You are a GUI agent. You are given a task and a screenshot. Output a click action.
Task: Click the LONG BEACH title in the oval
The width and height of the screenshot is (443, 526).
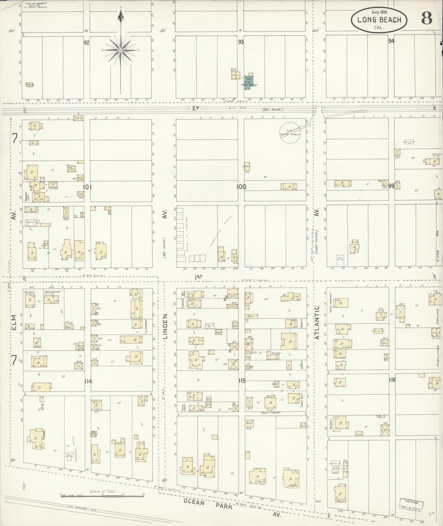click(x=379, y=20)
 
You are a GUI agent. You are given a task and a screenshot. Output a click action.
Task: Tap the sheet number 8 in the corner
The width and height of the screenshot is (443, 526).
click(x=426, y=19)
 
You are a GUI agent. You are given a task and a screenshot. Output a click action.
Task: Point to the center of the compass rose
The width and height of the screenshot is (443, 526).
click(x=120, y=50)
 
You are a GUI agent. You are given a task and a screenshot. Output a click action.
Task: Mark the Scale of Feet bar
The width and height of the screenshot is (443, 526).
click(x=102, y=495)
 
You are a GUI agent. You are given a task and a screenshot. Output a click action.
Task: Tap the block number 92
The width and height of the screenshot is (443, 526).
click(x=86, y=43)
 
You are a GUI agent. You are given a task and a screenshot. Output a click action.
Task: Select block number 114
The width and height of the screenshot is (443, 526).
click(x=88, y=381)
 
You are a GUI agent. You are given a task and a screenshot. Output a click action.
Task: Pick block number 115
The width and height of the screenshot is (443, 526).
click(x=242, y=381)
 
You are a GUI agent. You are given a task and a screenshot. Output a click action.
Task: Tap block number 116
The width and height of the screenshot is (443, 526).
click(x=391, y=380)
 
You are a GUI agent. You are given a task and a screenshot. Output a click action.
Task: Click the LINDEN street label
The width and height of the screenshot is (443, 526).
click(x=166, y=326)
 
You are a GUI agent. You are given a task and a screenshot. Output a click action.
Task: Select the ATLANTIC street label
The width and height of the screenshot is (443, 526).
click(x=318, y=322)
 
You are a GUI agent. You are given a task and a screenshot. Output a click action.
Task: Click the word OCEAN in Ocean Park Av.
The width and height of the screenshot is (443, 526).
click(x=195, y=501)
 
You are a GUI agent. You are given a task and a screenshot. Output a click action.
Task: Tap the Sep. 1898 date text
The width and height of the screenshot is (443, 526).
click(x=379, y=12)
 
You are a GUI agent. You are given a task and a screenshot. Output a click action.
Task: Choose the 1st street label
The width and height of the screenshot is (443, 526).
click(x=199, y=277)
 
